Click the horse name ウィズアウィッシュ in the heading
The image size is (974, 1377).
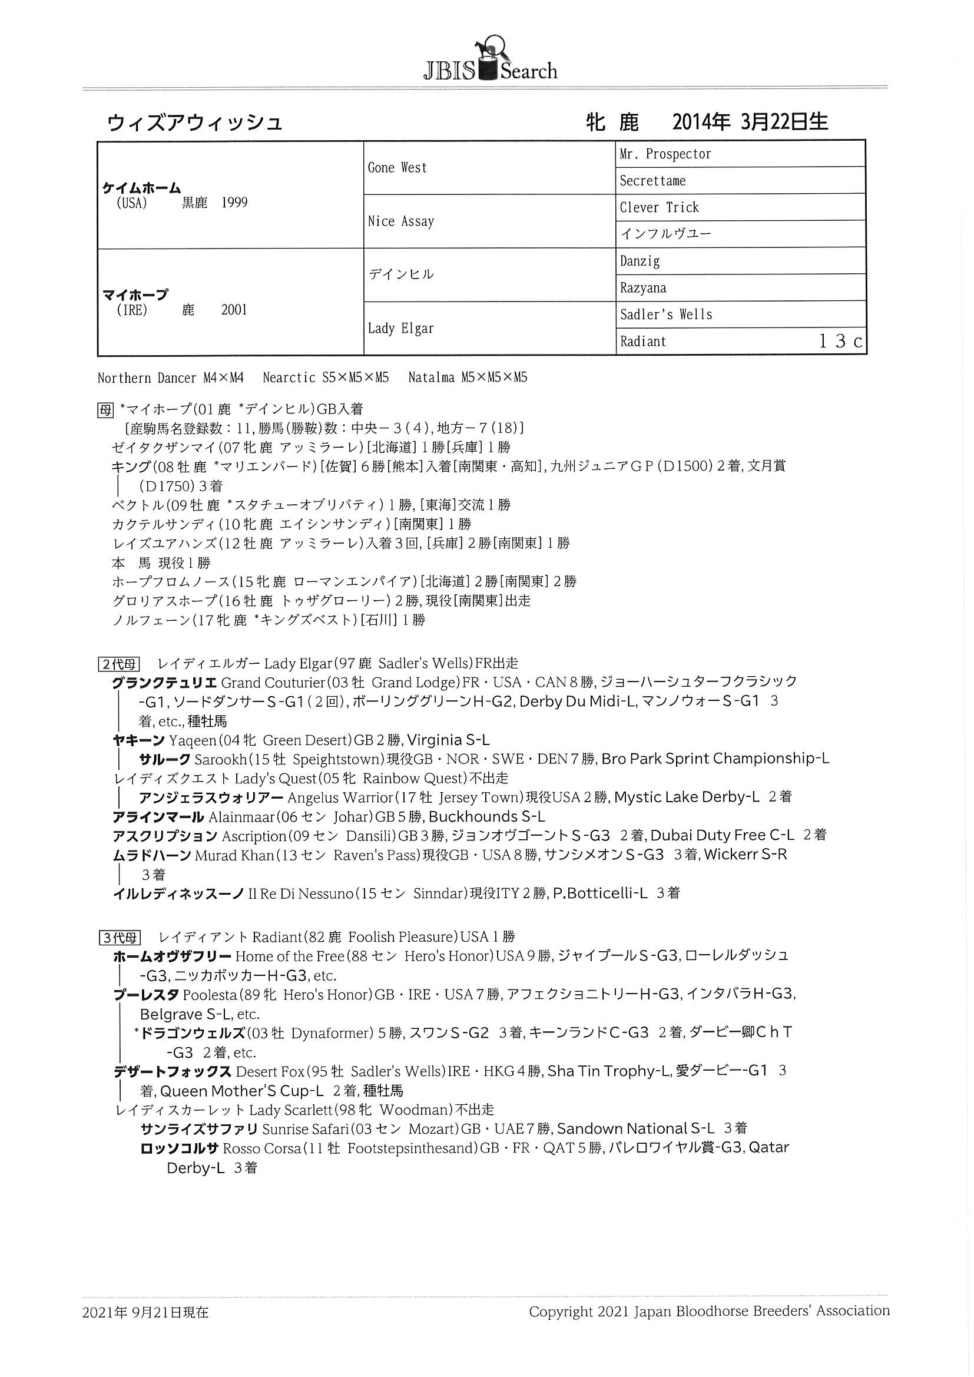click(x=194, y=123)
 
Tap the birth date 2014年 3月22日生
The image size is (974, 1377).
click(x=750, y=123)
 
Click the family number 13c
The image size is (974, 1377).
click(x=840, y=341)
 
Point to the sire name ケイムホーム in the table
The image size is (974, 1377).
click(x=141, y=188)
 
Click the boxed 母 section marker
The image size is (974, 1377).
click(x=105, y=409)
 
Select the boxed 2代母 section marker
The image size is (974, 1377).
click(x=119, y=664)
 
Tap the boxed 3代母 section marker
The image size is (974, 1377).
click(x=119, y=938)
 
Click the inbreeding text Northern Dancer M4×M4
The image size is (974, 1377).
click(x=170, y=378)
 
